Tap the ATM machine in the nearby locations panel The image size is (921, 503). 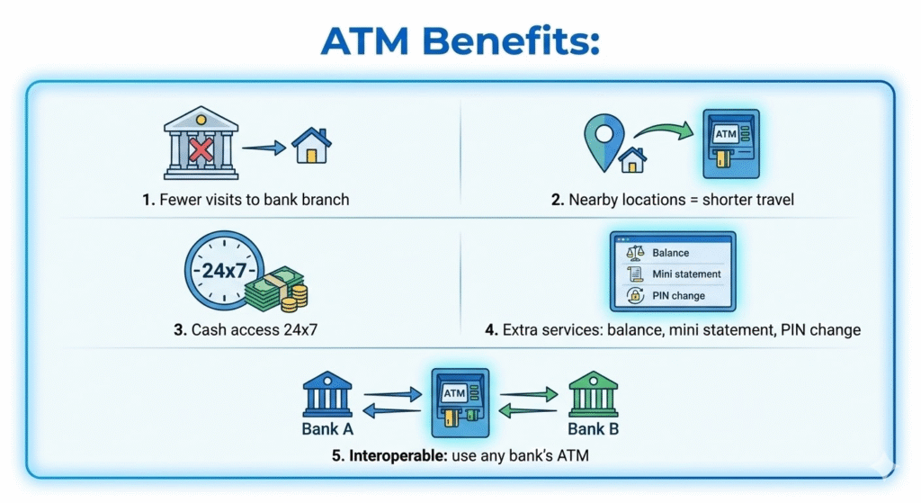click(729, 142)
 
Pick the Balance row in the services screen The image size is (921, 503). click(672, 253)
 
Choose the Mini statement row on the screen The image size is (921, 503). click(672, 274)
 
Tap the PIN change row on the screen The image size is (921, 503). click(672, 294)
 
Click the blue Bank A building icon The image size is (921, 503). click(326, 391)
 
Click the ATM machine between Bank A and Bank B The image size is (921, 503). click(459, 401)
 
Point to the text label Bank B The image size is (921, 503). click(594, 429)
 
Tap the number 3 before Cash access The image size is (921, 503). click(179, 330)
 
